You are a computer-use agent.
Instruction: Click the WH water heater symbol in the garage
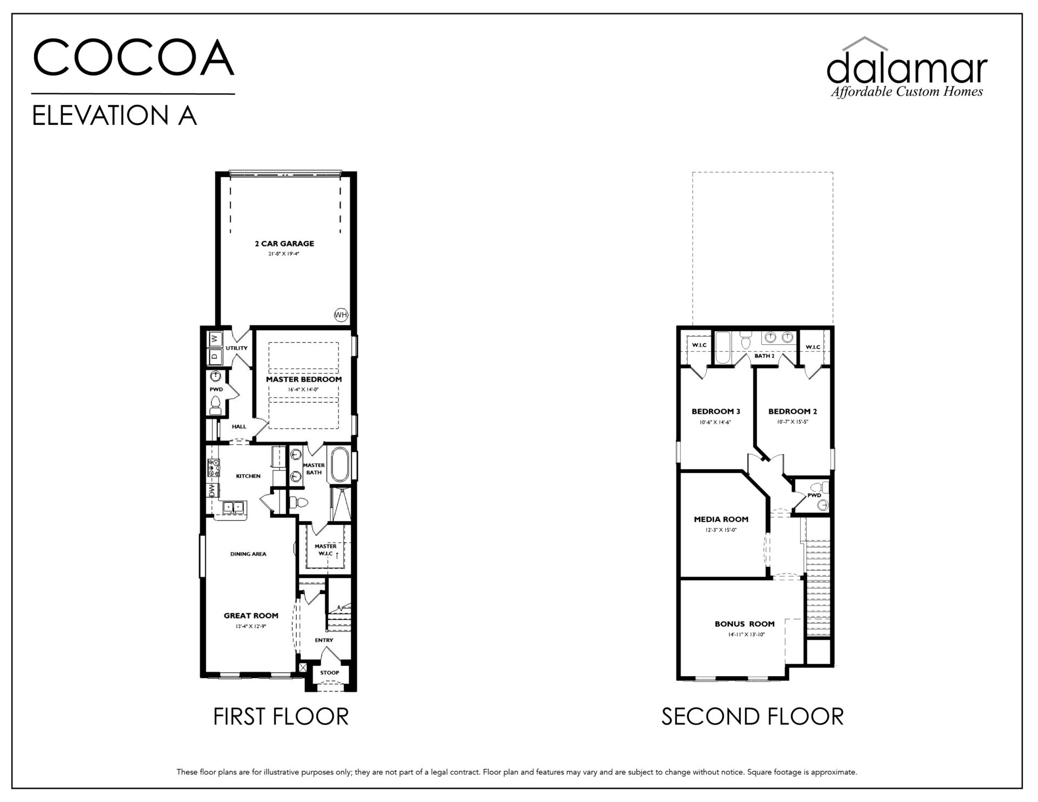341,315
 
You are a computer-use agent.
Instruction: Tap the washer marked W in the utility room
215,339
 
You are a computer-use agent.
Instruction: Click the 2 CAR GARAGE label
284,244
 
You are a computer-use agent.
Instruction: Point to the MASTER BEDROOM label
304,379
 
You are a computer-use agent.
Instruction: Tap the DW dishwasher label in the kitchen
212,491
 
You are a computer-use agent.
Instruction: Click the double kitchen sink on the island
234,507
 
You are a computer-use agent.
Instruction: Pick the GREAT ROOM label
251,616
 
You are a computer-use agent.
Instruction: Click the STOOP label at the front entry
329,673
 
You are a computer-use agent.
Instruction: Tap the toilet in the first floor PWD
215,405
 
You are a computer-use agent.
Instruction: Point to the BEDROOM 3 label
716,411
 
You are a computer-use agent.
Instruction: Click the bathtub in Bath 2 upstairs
723,348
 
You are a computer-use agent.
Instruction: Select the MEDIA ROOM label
721,519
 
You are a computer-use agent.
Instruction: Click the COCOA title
134,57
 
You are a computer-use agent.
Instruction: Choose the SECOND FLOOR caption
753,717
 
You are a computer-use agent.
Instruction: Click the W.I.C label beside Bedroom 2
813,347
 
